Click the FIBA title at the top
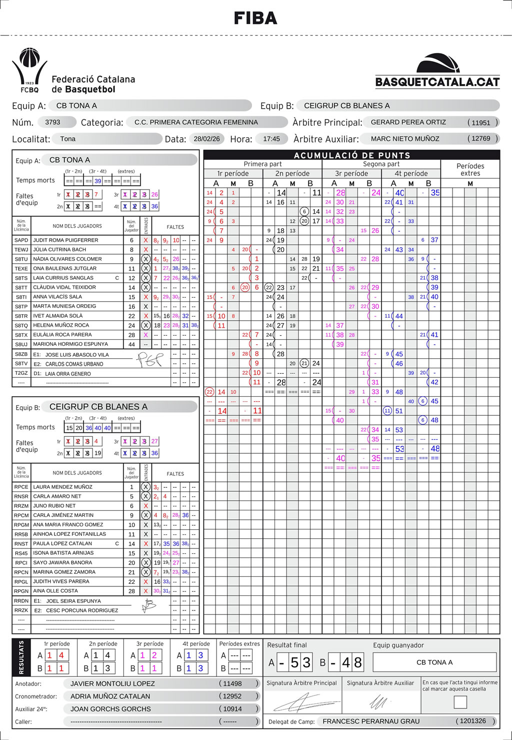tap(255, 19)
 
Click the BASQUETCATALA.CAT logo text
tap(437, 82)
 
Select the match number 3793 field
tap(53, 122)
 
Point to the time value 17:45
tap(271, 139)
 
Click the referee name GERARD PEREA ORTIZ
tap(408, 122)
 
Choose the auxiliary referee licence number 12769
tap(481, 139)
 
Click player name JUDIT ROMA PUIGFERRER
tap(65, 240)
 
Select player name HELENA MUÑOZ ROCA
tap(61, 325)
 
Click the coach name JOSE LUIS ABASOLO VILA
tap(77, 355)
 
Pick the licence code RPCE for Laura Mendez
tap(21, 487)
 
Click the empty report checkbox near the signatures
tap(460, 702)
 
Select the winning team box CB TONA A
tap(434, 662)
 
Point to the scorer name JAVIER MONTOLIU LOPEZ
tap(112, 683)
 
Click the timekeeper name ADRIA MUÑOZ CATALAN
tap(110, 696)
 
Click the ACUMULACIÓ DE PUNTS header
tap(351, 155)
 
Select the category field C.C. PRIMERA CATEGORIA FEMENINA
tap(196, 122)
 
